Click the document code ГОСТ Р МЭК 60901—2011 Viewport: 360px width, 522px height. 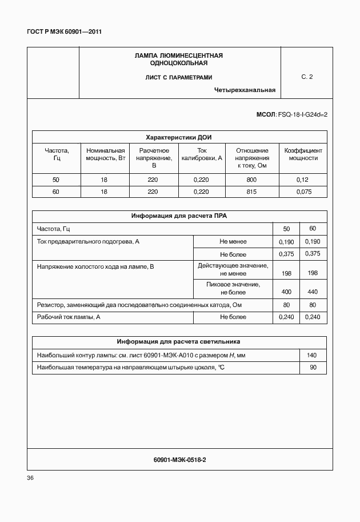click(x=64, y=31)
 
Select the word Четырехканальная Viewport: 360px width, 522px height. click(x=245, y=90)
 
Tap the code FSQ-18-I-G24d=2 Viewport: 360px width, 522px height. click(x=302, y=114)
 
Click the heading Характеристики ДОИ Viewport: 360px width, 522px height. click(x=179, y=137)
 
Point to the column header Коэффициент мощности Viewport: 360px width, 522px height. click(x=303, y=154)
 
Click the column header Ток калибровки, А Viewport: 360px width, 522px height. click(x=201, y=154)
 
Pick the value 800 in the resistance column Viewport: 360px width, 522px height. click(x=251, y=180)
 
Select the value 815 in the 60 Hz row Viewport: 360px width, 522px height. click(x=251, y=192)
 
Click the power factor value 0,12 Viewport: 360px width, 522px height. click(x=303, y=180)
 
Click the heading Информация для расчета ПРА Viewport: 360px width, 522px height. click(x=179, y=216)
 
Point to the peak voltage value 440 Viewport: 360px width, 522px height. click(x=313, y=292)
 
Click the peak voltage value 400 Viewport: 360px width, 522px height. click(x=287, y=292)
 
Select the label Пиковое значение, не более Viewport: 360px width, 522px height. click(x=233, y=288)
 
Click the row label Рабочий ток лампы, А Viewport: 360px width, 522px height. click(x=69, y=317)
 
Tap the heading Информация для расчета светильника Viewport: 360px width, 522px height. click(x=179, y=341)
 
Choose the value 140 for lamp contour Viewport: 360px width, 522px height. click(x=313, y=355)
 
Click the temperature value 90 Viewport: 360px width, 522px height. click(x=313, y=368)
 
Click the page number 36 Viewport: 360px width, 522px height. click(x=31, y=478)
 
